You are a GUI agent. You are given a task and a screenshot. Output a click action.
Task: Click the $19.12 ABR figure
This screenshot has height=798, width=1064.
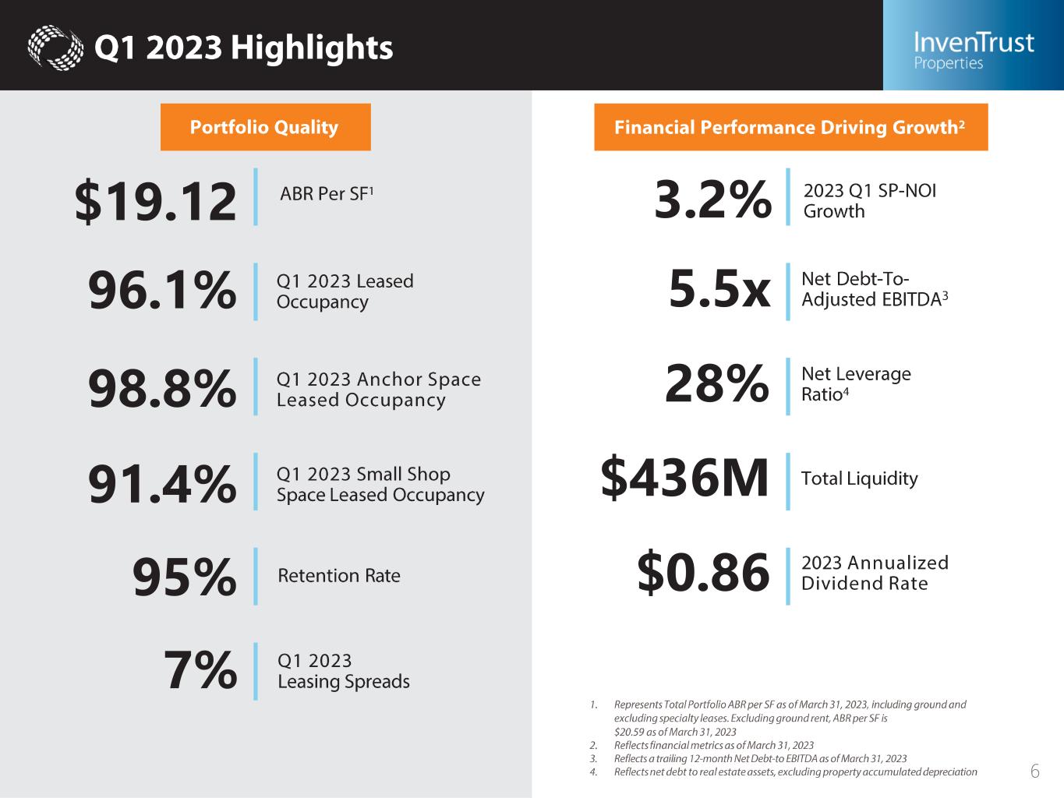[155, 201]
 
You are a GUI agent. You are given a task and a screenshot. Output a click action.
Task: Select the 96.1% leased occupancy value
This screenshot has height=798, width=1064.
[162, 291]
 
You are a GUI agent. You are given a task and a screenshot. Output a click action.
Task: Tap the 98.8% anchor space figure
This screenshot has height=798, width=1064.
[162, 388]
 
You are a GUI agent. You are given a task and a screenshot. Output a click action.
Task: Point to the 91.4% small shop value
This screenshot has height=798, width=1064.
[162, 484]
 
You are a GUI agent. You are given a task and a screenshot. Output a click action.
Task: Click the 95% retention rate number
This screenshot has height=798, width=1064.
[184, 577]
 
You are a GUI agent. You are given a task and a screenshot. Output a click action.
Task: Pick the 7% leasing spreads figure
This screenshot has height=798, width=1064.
[200, 671]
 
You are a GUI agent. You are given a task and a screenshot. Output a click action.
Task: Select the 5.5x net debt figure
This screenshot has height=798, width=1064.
[719, 290]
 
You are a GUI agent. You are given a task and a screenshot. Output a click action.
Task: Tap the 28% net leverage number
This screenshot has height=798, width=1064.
[716, 384]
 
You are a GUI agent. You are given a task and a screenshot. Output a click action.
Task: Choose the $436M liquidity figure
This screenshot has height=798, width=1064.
[684, 478]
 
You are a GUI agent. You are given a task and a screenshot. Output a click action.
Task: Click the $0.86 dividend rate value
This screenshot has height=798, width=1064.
[703, 573]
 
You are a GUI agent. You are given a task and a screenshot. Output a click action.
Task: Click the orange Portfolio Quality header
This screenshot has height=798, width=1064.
[265, 127]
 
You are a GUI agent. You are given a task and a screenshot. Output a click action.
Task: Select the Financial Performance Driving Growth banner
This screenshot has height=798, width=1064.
[790, 127]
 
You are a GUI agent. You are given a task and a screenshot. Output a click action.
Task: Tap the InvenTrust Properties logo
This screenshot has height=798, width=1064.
[973, 50]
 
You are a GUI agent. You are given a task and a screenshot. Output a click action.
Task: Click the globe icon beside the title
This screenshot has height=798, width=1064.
[55, 48]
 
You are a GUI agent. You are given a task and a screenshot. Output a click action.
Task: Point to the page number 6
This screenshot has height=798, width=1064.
[1035, 772]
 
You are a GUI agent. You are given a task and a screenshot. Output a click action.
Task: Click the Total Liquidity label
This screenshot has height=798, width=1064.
[859, 478]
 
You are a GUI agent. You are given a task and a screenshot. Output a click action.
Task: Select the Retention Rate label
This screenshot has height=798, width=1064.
[339, 576]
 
